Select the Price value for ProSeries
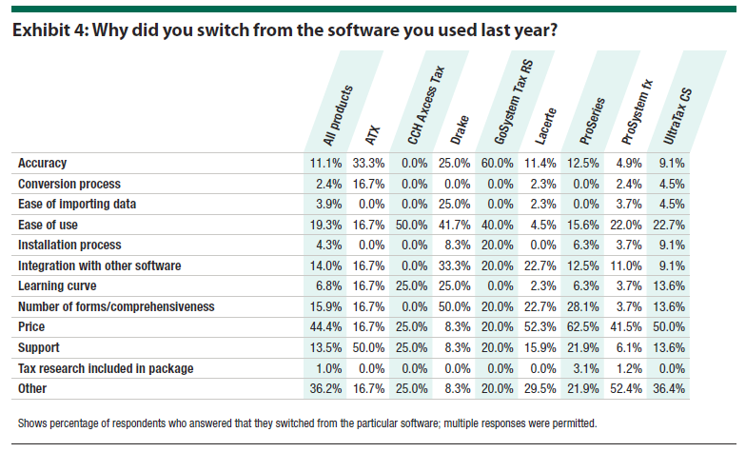point(584,325)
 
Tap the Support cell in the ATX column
point(370,347)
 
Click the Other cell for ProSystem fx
point(628,388)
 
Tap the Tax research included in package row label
point(106,367)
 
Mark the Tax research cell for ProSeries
point(584,367)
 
